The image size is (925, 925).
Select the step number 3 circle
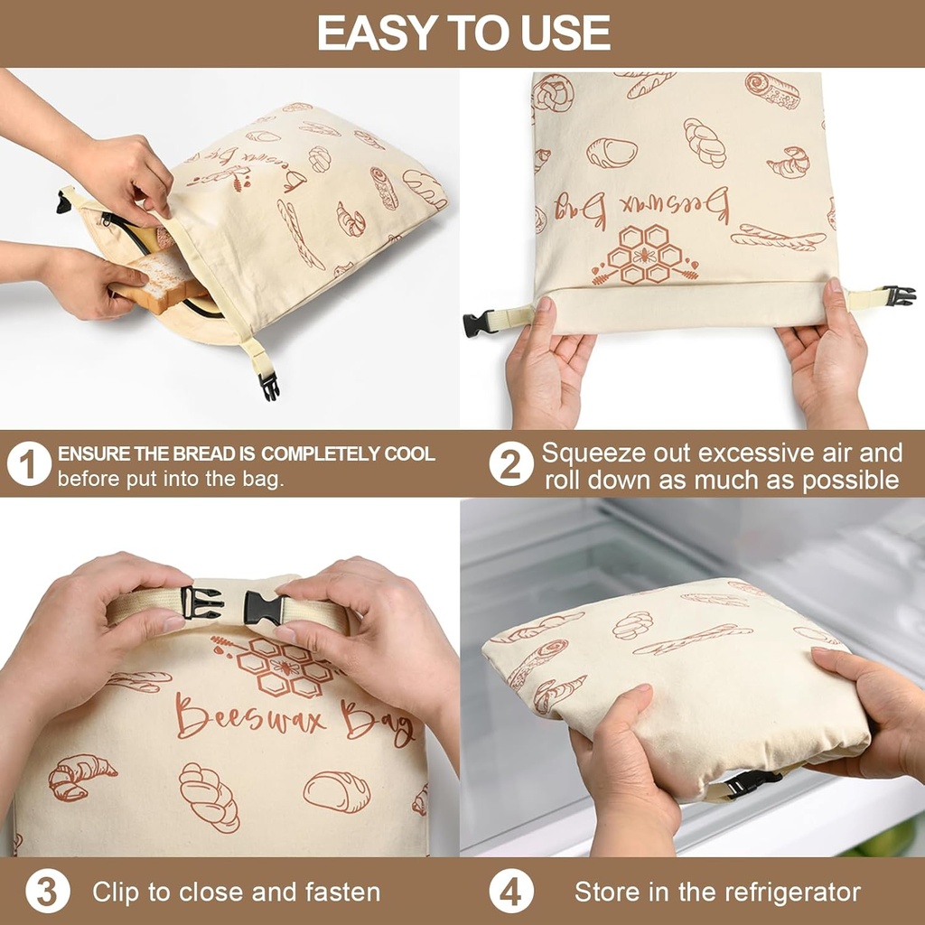point(47,892)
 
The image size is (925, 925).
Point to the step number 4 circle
point(510,892)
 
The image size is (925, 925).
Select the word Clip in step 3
point(116,892)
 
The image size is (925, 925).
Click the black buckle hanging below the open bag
point(268,386)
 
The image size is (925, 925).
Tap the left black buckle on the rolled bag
point(478,322)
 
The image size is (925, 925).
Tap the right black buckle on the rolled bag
point(899,295)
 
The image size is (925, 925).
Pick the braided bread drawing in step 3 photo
point(209,795)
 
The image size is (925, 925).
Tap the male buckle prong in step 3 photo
point(203,603)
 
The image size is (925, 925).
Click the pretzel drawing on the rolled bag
point(553,92)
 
